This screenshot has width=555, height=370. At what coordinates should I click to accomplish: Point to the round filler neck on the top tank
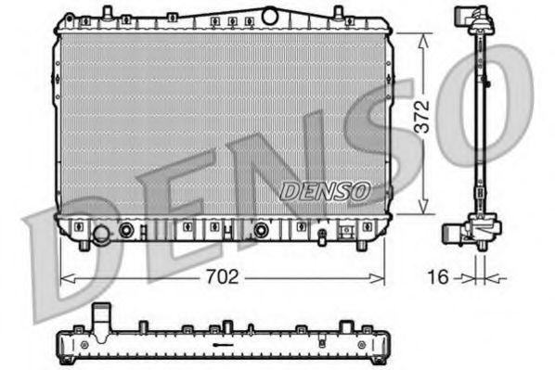click(x=270, y=15)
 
